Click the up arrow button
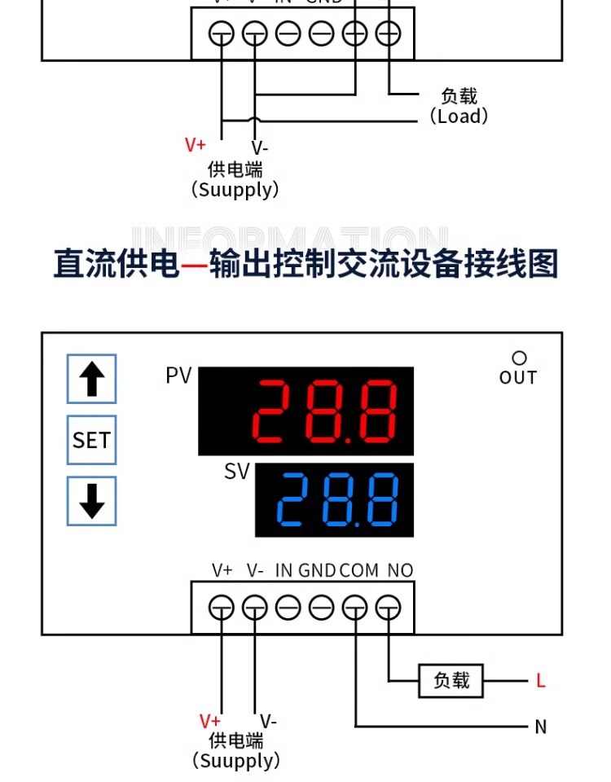91,379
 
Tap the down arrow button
91,501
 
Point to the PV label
178,376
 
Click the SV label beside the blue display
237,472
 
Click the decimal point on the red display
349,440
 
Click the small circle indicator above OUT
519,358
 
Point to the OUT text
518,377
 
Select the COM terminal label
359,570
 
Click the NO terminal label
400,570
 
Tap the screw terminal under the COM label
355,608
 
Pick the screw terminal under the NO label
389,608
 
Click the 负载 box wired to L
451,680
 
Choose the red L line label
540,680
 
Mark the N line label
540,727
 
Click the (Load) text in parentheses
459,116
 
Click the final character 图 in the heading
541,265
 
